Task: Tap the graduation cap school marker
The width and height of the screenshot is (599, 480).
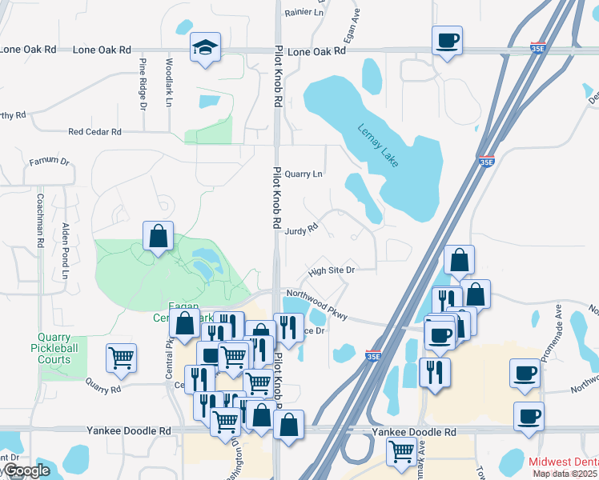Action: point(205,48)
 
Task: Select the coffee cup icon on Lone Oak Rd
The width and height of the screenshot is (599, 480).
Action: point(447,40)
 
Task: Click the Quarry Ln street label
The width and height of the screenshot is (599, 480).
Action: point(304,174)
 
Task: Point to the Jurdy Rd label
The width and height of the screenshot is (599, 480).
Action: point(301,228)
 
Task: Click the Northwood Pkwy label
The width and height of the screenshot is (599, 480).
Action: point(316,306)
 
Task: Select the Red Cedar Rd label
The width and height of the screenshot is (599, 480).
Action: point(94,131)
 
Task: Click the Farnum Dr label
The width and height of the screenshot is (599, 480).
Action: point(50,161)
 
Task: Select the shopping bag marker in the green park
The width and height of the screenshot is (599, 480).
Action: point(159,236)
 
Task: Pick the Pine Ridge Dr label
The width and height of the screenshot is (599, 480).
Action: point(143,83)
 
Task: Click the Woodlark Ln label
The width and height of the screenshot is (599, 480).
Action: point(169,82)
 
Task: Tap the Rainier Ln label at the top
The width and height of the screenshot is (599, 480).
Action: point(304,13)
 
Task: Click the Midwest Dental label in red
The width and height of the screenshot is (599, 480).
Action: point(564,462)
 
